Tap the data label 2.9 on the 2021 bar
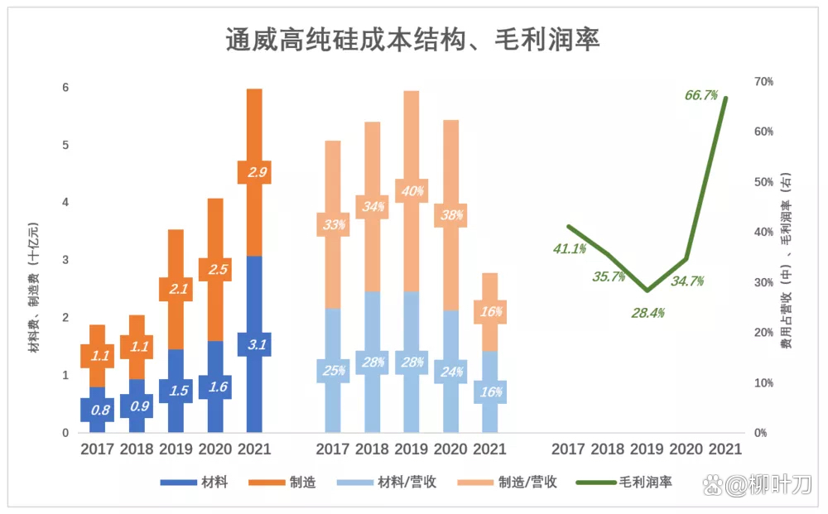[x=255, y=172]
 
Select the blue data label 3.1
[x=255, y=344]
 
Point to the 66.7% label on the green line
[x=700, y=95]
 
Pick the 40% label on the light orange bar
[x=412, y=191]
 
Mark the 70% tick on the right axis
[x=763, y=81]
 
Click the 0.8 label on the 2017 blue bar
[x=98, y=409]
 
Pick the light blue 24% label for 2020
[x=451, y=372]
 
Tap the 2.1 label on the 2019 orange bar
[x=176, y=289]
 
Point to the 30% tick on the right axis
[x=763, y=282]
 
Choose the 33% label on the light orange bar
[x=333, y=224]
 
